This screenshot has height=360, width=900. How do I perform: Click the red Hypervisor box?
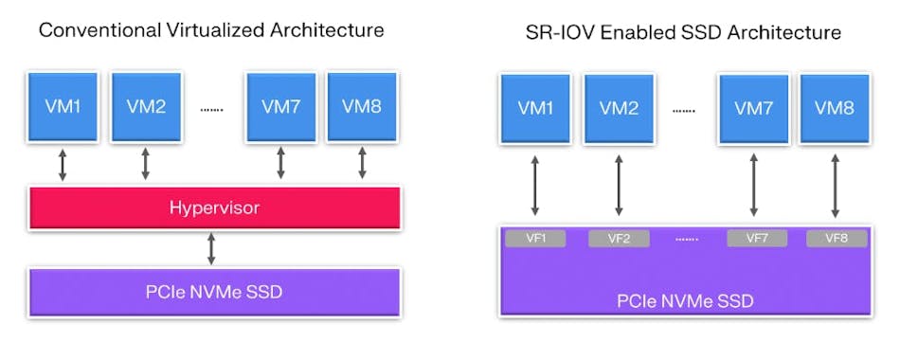[215, 207]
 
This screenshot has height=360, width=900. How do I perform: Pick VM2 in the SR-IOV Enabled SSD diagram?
[620, 108]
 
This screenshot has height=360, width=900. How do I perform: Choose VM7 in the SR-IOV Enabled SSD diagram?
[753, 108]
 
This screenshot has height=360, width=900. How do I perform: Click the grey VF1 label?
[535, 238]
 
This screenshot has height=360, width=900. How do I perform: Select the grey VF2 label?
[619, 238]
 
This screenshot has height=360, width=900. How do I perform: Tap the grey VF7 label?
[757, 238]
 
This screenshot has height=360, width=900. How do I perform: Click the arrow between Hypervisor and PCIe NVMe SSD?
[211, 248]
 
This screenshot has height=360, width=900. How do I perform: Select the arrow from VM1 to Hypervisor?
[63, 163]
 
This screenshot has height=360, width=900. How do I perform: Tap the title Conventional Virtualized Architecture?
[211, 30]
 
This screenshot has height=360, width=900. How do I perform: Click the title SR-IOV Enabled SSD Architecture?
[683, 32]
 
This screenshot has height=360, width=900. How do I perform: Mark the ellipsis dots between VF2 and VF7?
[686, 239]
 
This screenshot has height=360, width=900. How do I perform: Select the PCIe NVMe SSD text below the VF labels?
[685, 302]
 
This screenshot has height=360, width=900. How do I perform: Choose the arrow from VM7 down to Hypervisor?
[280, 163]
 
